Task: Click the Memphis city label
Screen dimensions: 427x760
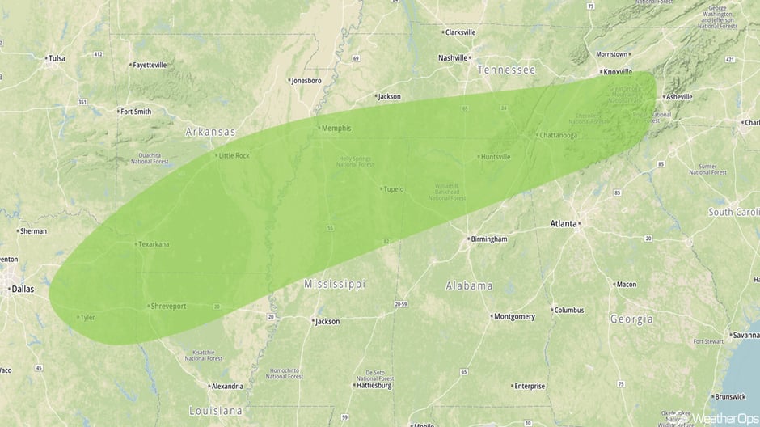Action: pos(336,129)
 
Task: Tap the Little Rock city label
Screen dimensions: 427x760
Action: pos(234,155)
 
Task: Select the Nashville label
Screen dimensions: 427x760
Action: pos(453,58)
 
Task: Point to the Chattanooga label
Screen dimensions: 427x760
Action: pos(558,135)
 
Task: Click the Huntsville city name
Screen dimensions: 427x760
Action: pos(495,157)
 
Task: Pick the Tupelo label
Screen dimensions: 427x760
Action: pos(393,189)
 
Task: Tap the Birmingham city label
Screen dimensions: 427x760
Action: pos(489,239)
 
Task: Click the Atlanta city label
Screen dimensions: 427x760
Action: pos(564,223)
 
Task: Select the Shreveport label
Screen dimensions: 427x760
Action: pos(167,307)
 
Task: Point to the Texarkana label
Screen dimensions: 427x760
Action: pos(154,244)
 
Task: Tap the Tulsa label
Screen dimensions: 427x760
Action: pos(57,58)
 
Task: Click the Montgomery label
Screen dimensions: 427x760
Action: pos(514,316)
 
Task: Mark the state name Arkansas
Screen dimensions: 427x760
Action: pos(210,132)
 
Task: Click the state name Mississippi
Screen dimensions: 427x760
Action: pos(335,284)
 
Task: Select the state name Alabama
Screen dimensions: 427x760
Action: pos(469,285)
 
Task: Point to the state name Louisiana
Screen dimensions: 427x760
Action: pos(216,410)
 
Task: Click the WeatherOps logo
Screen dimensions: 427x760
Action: pos(724,418)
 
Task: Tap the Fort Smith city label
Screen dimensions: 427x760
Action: pos(135,112)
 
